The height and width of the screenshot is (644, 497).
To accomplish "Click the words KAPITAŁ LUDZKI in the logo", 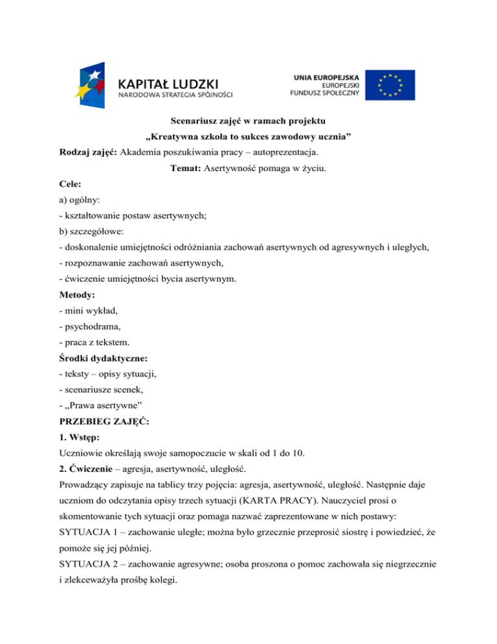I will (x=169, y=84).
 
